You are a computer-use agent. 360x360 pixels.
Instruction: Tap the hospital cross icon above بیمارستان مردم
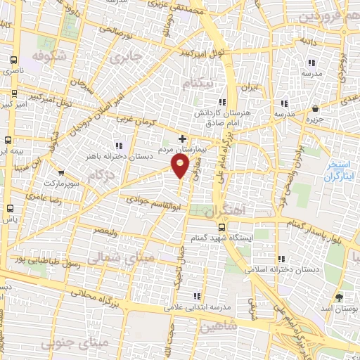click(x=184, y=139)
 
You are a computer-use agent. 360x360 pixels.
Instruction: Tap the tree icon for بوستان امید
click(x=339, y=297)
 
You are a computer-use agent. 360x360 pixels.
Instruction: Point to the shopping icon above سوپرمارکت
click(x=61, y=172)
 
